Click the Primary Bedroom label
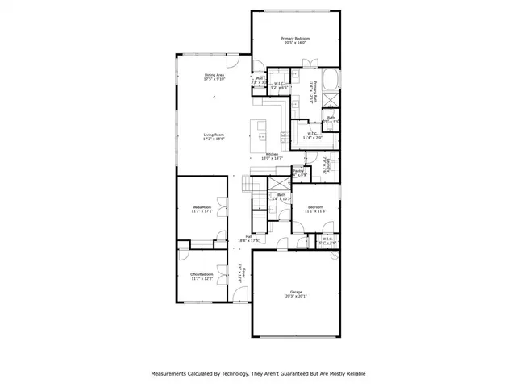[x=295, y=39]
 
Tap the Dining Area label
[x=214, y=75]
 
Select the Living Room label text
[x=214, y=135]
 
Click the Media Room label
[x=202, y=207]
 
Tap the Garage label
[x=295, y=292]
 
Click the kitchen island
[x=260, y=131]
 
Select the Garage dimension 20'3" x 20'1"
[x=295, y=297]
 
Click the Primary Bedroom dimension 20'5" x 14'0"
[x=295, y=44]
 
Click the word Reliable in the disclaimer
[x=350, y=374]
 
